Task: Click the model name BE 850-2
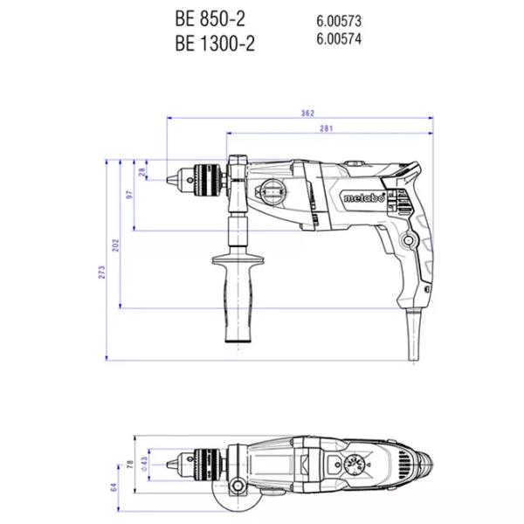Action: coord(210,18)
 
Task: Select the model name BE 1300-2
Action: coord(215,43)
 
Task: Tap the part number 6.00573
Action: coord(339,21)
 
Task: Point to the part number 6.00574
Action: coord(339,38)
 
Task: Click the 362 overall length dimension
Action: coord(307,114)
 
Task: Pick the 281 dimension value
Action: coord(326,128)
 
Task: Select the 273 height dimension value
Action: coord(101,272)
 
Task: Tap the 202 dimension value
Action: coord(115,245)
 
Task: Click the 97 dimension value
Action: coord(129,195)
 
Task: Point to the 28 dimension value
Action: coord(142,172)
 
